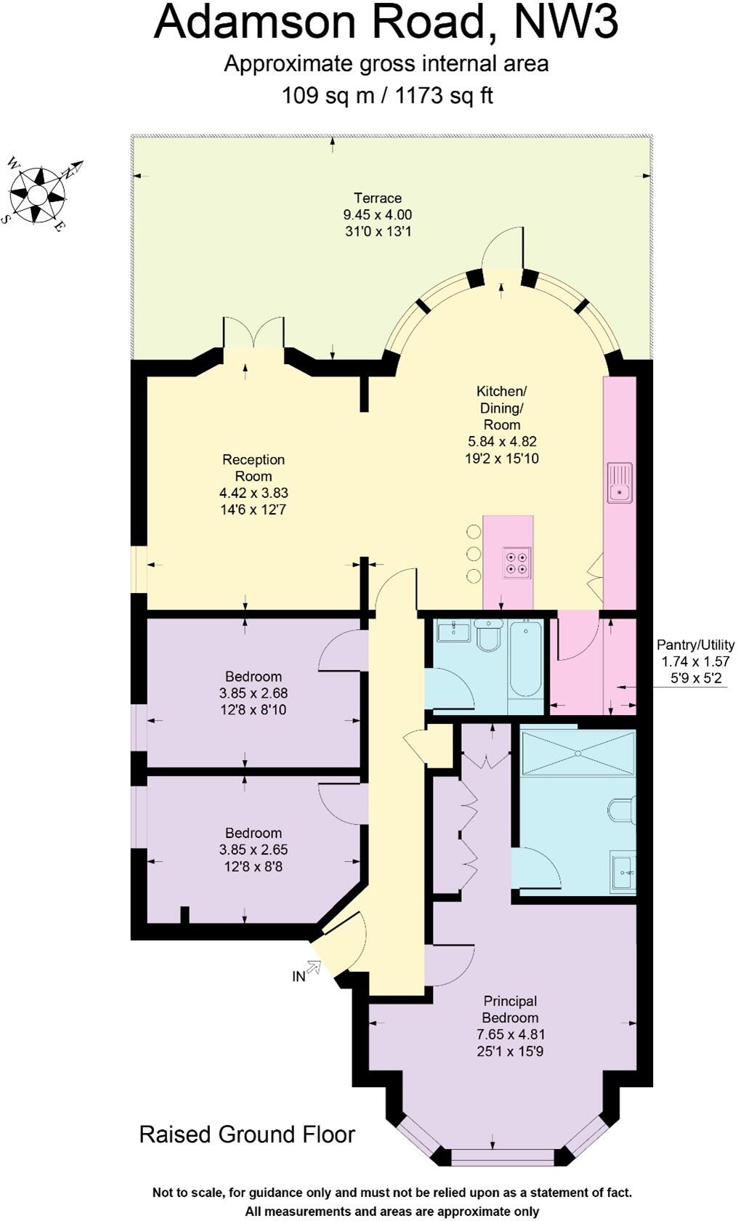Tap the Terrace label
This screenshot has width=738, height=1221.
tap(378, 198)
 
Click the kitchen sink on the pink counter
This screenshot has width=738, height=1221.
tap(620, 483)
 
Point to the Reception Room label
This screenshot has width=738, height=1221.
tap(253, 467)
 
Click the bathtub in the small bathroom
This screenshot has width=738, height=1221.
tap(525, 658)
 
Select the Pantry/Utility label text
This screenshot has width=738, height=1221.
tap(695, 645)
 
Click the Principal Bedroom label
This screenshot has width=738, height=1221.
tap(510, 1010)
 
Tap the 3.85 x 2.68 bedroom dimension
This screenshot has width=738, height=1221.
tap(253, 693)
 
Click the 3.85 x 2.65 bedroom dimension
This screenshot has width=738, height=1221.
tap(253, 850)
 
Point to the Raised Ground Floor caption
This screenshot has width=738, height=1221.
tap(247, 1135)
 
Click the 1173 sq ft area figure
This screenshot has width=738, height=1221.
tap(444, 96)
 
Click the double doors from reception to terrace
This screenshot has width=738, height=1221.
tap(253, 334)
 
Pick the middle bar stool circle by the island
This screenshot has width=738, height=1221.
tap(474, 554)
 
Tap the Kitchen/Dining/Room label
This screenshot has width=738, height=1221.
tap(501, 408)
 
